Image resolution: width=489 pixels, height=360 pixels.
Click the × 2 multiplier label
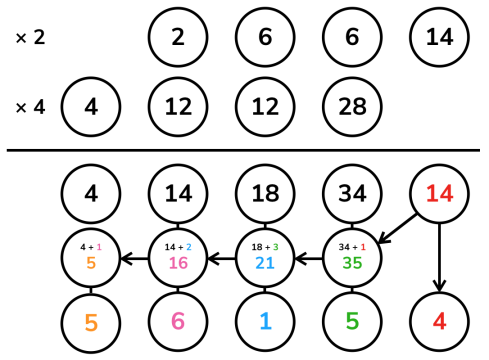tap(30, 37)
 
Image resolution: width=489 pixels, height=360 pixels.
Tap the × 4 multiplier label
tap(30, 107)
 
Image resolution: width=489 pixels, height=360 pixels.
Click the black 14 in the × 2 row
tap(439, 37)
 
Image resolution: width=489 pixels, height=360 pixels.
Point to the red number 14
tap(439, 194)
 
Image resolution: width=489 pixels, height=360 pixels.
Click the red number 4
tap(439, 321)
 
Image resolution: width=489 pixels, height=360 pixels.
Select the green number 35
tap(352, 263)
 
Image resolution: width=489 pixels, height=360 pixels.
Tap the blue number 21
tap(265, 263)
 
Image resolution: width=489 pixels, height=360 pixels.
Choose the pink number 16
tap(178, 263)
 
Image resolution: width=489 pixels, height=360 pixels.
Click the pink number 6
tap(178, 321)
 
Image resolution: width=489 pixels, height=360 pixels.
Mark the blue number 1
tap(265, 321)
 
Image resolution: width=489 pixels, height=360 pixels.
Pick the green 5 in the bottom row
tap(352, 321)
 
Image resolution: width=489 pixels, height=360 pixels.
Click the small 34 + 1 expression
tap(352, 247)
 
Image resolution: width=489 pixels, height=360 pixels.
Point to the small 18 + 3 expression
tap(265, 247)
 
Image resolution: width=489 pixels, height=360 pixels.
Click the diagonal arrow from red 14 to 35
tap(397, 229)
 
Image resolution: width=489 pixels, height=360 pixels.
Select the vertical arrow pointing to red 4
tap(439, 258)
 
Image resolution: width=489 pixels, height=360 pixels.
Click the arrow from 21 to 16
tap(222, 258)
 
